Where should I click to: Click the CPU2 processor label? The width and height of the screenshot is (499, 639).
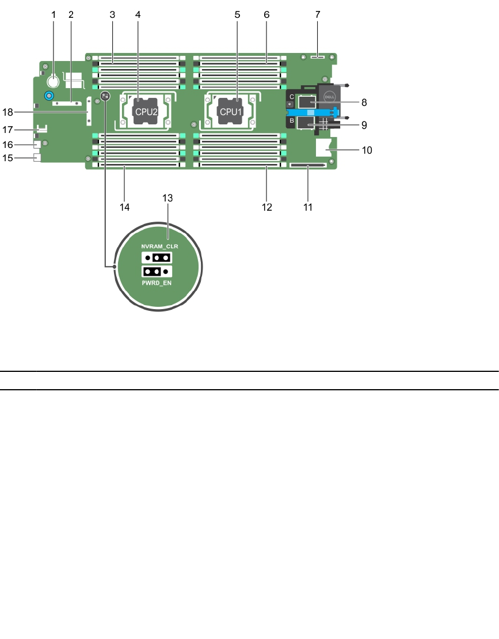coord(146,112)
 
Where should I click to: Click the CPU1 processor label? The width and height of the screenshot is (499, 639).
coord(231,112)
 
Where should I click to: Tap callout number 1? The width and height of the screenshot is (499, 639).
coord(54,14)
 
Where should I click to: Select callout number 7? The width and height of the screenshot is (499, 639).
coord(318,14)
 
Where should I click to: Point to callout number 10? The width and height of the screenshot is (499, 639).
coord(367,150)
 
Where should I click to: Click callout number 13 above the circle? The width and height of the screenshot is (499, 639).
coord(167,198)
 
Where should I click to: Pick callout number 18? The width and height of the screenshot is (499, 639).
coord(7,112)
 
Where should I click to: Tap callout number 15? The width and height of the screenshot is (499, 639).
coord(7,158)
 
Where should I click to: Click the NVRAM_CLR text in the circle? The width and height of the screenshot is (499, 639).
coord(159,246)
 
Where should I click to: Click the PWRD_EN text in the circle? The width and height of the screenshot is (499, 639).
coord(157,283)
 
